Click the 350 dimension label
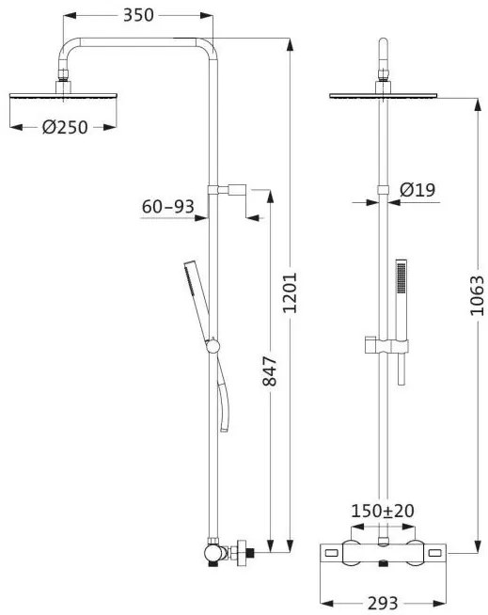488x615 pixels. pos(138,15)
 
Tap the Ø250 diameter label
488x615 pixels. pos(65,127)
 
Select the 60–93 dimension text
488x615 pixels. pos(168,206)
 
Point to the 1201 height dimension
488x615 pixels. pos(290,292)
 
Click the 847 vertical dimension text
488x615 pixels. pos(270,371)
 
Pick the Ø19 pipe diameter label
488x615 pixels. pos(417,190)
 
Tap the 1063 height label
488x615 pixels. pos(478,295)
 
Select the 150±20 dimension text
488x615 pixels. pos(383,511)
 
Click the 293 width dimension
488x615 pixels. pos(383,603)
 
